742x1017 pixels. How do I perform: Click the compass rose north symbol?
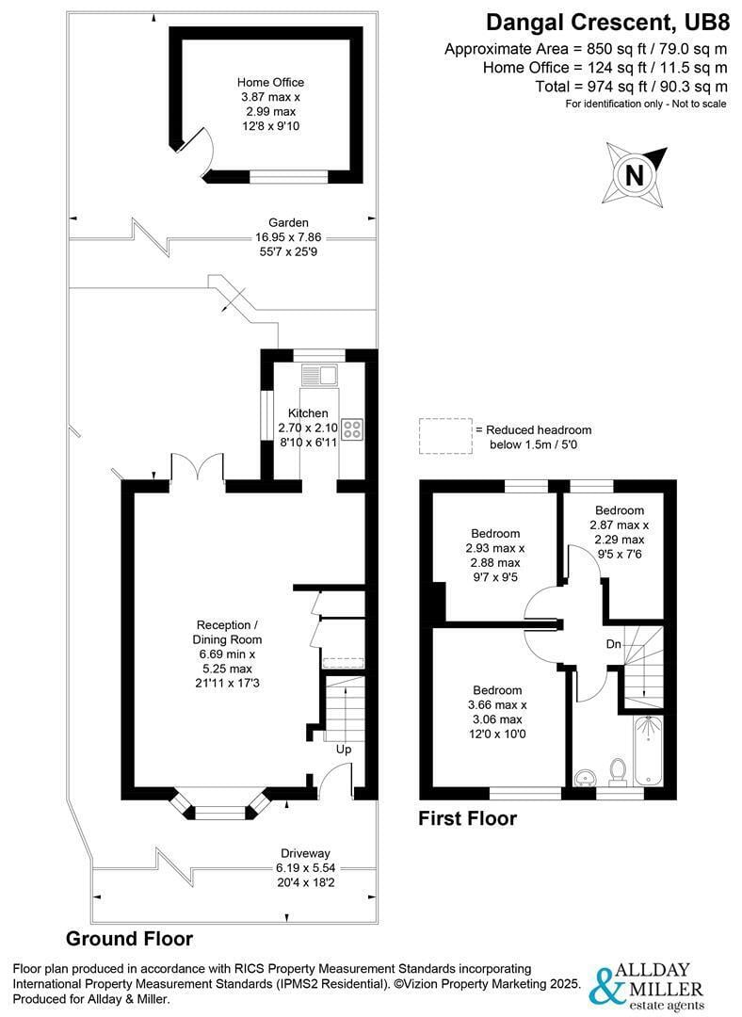click(x=635, y=175)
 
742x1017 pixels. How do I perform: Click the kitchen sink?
click(x=317, y=375)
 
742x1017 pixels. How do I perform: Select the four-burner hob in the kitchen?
click(x=352, y=429)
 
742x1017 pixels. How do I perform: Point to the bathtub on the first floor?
click(x=649, y=751)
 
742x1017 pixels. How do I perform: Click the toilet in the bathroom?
click(x=619, y=771)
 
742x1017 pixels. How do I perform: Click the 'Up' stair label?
click(x=344, y=750)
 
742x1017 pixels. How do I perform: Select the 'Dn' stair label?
click(x=612, y=645)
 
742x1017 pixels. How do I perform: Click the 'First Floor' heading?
click(x=467, y=818)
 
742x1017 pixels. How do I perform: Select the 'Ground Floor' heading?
click(x=129, y=938)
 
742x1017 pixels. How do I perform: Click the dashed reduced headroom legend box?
click(x=444, y=436)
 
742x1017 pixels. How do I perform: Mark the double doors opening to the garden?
click(x=197, y=468)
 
